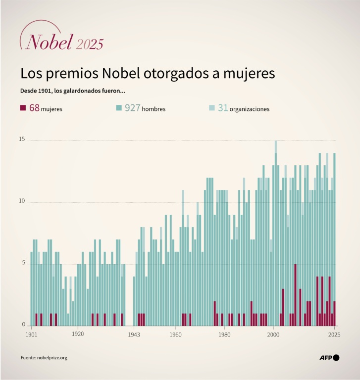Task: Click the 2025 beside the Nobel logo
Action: coord(90,44)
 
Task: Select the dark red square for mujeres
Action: coord(23,108)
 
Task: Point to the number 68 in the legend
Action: coord(34,108)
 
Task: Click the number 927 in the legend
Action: coord(132,108)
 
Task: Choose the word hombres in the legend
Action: coord(154,109)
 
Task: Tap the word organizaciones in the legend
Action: coord(250,109)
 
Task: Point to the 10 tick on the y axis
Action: coord(22,201)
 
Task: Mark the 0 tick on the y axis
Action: coord(23,324)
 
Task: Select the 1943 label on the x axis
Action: coord(134,334)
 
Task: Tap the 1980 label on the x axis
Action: coord(225,334)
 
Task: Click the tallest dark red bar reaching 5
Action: coord(295,295)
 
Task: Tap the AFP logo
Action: coord(329,357)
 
